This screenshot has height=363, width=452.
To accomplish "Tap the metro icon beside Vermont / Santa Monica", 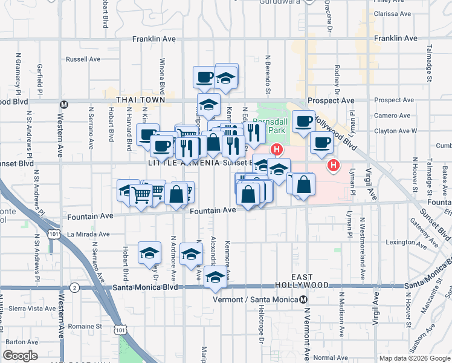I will [x=303, y=299].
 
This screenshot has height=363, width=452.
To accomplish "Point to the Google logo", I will [x=21, y=356].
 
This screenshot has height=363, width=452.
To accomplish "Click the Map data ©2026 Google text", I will [x=414, y=358].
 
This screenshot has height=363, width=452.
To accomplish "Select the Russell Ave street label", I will [x=83, y=59].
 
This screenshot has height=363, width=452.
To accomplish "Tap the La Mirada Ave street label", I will [x=88, y=234].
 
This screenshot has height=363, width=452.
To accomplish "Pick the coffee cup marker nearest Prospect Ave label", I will [x=303, y=122].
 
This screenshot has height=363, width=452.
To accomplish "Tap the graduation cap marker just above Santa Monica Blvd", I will [x=215, y=277].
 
